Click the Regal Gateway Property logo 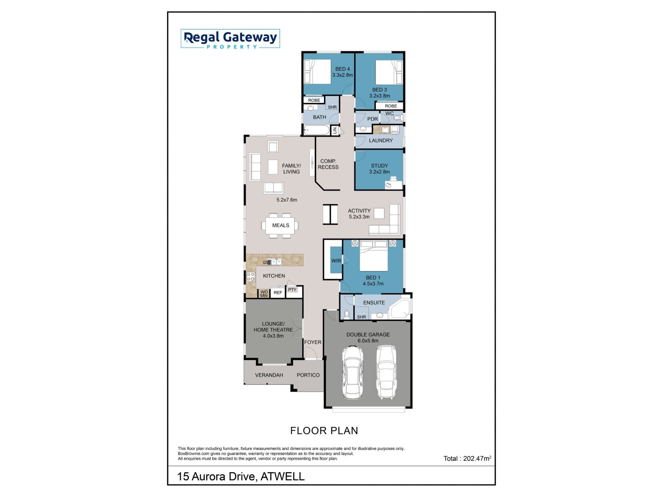click(230, 39)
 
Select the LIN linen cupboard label click(334, 130)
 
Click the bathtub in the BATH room click(317, 130)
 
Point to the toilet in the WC click(397, 118)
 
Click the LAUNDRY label click(381, 140)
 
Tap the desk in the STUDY click(394, 183)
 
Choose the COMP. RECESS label click(328, 164)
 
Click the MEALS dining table click(280, 225)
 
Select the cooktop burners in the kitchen click(251, 276)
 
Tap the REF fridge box click(278, 292)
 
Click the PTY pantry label click(292, 290)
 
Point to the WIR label click(336, 261)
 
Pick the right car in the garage click(386, 372)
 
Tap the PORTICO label click(308, 375)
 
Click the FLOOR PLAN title click(324, 431)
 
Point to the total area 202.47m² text click(467, 458)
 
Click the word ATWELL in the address click(282, 477)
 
